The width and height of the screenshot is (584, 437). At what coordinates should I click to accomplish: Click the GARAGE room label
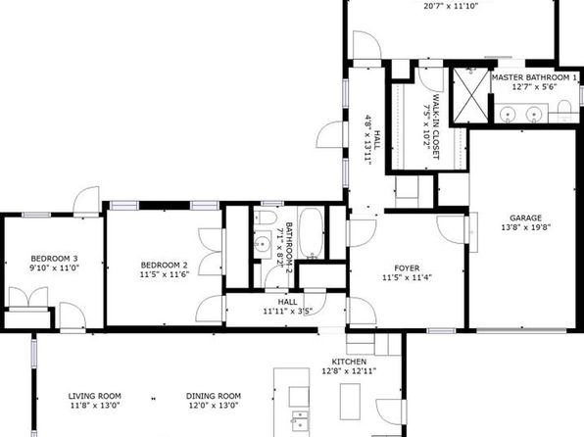point(525,218)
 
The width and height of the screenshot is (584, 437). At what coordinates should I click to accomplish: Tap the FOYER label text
point(407,268)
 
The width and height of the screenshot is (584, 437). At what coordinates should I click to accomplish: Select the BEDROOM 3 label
point(54,259)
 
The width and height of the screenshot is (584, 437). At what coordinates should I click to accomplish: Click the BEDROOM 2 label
point(165,266)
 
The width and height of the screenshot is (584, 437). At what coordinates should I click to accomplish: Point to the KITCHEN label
point(349,362)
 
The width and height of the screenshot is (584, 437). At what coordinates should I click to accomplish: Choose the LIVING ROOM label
point(95,396)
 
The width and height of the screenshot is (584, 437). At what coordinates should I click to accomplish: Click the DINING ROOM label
point(214,396)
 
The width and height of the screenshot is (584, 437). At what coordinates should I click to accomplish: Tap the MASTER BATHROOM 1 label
point(534,77)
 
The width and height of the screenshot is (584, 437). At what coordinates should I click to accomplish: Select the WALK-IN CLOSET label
point(435,126)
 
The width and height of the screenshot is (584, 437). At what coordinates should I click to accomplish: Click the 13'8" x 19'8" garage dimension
point(525,227)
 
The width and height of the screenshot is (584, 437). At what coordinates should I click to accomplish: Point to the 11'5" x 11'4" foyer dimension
point(407,277)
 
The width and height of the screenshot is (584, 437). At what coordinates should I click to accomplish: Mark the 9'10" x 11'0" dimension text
point(54,267)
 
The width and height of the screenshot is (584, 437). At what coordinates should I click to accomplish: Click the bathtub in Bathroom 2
point(311,233)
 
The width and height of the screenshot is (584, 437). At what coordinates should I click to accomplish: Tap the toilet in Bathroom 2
point(266,218)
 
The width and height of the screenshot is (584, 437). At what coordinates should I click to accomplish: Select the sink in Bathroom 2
point(263,244)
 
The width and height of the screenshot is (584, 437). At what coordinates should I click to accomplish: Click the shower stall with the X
point(470,95)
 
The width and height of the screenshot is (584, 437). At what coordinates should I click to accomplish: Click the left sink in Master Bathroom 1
point(507,113)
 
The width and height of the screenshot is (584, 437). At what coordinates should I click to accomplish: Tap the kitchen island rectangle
point(350,402)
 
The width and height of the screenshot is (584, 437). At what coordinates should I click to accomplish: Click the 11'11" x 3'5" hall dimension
point(287,312)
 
